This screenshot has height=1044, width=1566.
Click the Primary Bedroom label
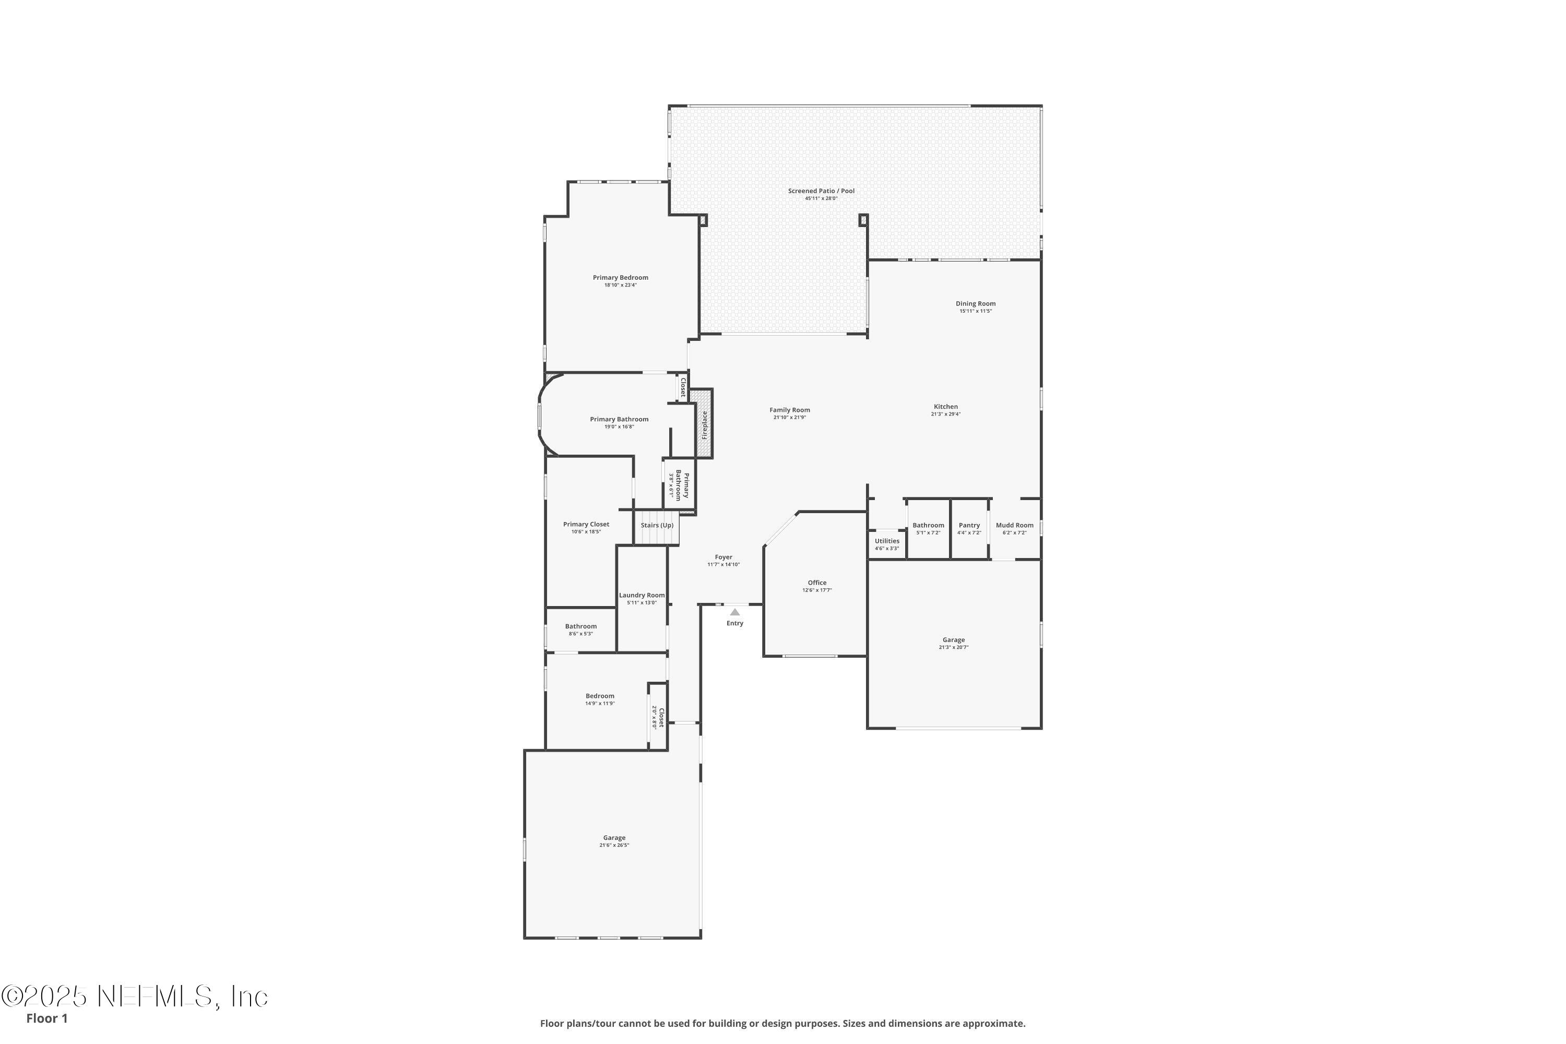(620, 278)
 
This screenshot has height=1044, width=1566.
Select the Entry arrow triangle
(734, 612)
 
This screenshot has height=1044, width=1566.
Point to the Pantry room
(969, 529)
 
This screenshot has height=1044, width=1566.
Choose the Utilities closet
(886, 544)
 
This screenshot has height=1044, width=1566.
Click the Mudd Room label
(1014, 525)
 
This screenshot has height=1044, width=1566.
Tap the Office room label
(816, 583)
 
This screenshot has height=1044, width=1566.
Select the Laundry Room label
(641, 595)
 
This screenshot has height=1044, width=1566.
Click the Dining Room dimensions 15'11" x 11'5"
(976, 311)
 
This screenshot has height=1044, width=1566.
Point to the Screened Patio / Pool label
(821, 191)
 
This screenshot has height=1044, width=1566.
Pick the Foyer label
(723, 557)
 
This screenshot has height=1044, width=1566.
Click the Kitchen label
(945, 407)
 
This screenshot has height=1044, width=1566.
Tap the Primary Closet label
(586, 524)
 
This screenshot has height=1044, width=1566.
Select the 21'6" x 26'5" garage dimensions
(614, 845)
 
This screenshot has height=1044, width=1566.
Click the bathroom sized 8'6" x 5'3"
(580, 629)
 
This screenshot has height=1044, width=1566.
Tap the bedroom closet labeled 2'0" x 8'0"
(657, 717)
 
